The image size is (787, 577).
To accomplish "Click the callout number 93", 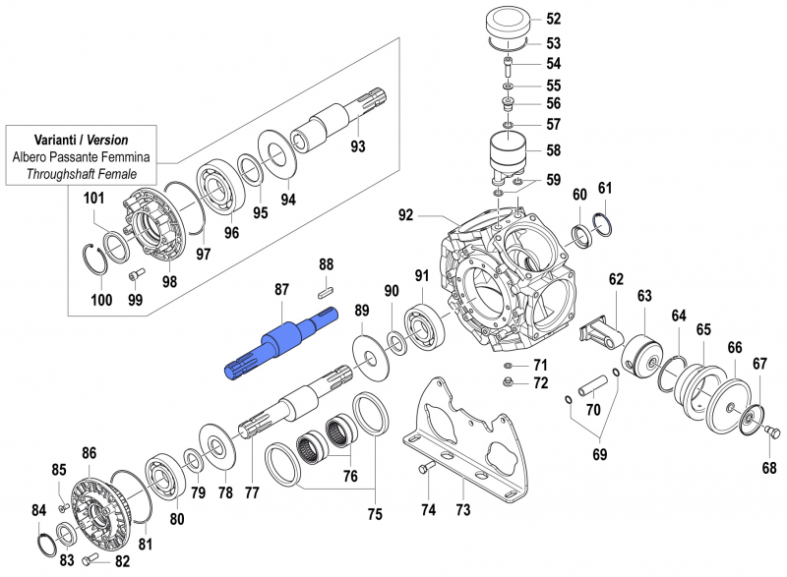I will pyautogui.click(x=357, y=147).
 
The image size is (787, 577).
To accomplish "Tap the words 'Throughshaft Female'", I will pyautogui.click(x=82, y=174).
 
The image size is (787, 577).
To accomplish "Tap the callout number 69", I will pyautogui.click(x=599, y=454).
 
